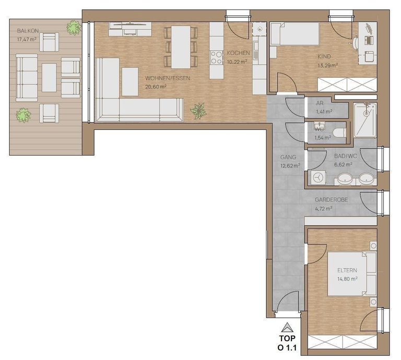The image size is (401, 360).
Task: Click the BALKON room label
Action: pos(28,31)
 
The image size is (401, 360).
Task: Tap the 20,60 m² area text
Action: pos(156,87)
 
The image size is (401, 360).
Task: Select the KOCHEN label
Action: pos(238,53)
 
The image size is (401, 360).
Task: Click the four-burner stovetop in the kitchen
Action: pos(217,57)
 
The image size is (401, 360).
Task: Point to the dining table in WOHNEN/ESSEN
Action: pos(181,47)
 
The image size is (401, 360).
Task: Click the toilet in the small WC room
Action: pos(340,133)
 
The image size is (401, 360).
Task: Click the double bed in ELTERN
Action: pos(352,274)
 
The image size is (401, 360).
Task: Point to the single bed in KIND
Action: pos(295,34)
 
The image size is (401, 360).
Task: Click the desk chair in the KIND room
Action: pos(356,43)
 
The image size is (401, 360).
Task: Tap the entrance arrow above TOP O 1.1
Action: pos(287,327)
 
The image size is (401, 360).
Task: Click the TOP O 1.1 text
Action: pos(287,343)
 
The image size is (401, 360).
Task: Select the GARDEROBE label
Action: pos(331,199)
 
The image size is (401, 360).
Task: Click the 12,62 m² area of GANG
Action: pos(290,166)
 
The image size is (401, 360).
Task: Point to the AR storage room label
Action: pos(320,103)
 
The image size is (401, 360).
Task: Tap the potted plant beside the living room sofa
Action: pos(198,111)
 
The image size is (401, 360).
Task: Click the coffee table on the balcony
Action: pos(49,78)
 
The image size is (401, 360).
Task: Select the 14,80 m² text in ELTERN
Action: pos(347,279)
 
